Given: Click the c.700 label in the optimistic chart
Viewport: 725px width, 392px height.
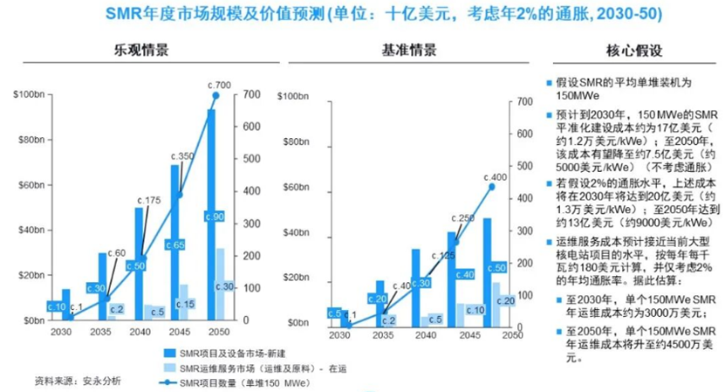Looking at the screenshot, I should click(x=218, y=85).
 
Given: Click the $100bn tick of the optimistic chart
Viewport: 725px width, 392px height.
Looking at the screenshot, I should click(x=28, y=94).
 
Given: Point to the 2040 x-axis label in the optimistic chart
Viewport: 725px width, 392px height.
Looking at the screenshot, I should click(x=133, y=334).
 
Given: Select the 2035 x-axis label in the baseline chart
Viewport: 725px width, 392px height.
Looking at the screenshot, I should click(x=380, y=334).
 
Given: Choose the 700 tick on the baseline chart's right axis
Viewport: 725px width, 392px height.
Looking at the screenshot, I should click(x=523, y=102).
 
